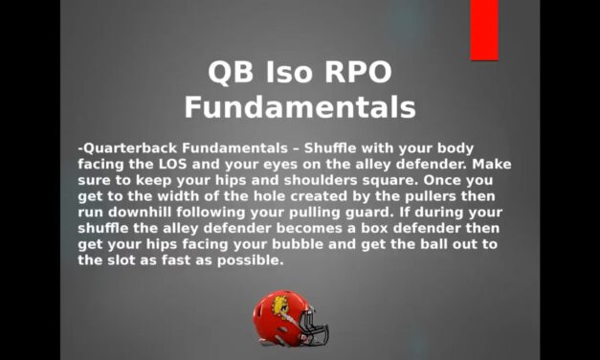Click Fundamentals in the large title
pos(300,106)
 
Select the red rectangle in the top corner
pos(484,29)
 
